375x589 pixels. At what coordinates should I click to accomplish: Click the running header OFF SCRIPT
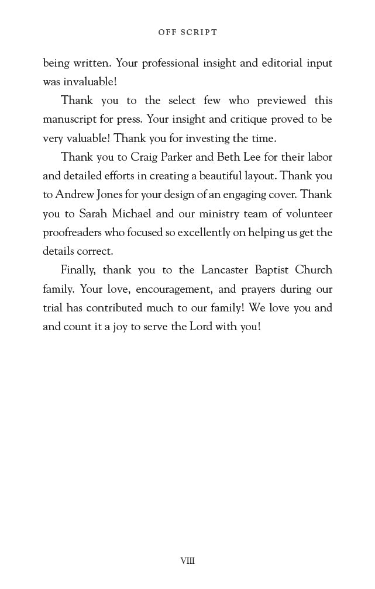[x=187, y=33]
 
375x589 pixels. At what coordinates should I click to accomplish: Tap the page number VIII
[x=187, y=561]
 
